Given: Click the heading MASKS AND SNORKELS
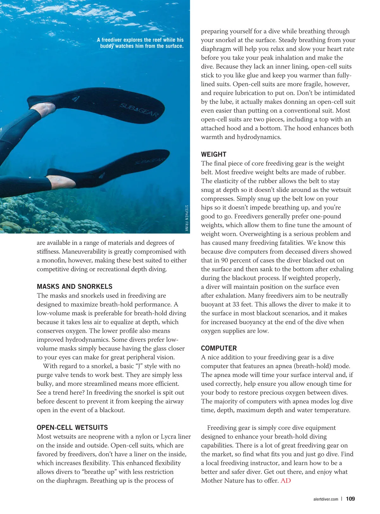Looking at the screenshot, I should click(x=74, y=287).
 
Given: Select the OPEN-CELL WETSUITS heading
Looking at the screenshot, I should click(x=72, y=428).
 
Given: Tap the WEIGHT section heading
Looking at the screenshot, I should click(x=214, y=154).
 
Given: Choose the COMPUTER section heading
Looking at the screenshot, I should click(x=219, y=348).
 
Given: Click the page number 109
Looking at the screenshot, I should click(x=350, y=499).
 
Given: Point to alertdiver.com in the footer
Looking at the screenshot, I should click(x=326, y=499).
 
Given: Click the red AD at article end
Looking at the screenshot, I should click(x=286, y=481).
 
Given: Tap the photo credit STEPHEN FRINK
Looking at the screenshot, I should click(x=187, y=218).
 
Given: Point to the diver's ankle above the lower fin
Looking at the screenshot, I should click(x=60, y=181).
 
